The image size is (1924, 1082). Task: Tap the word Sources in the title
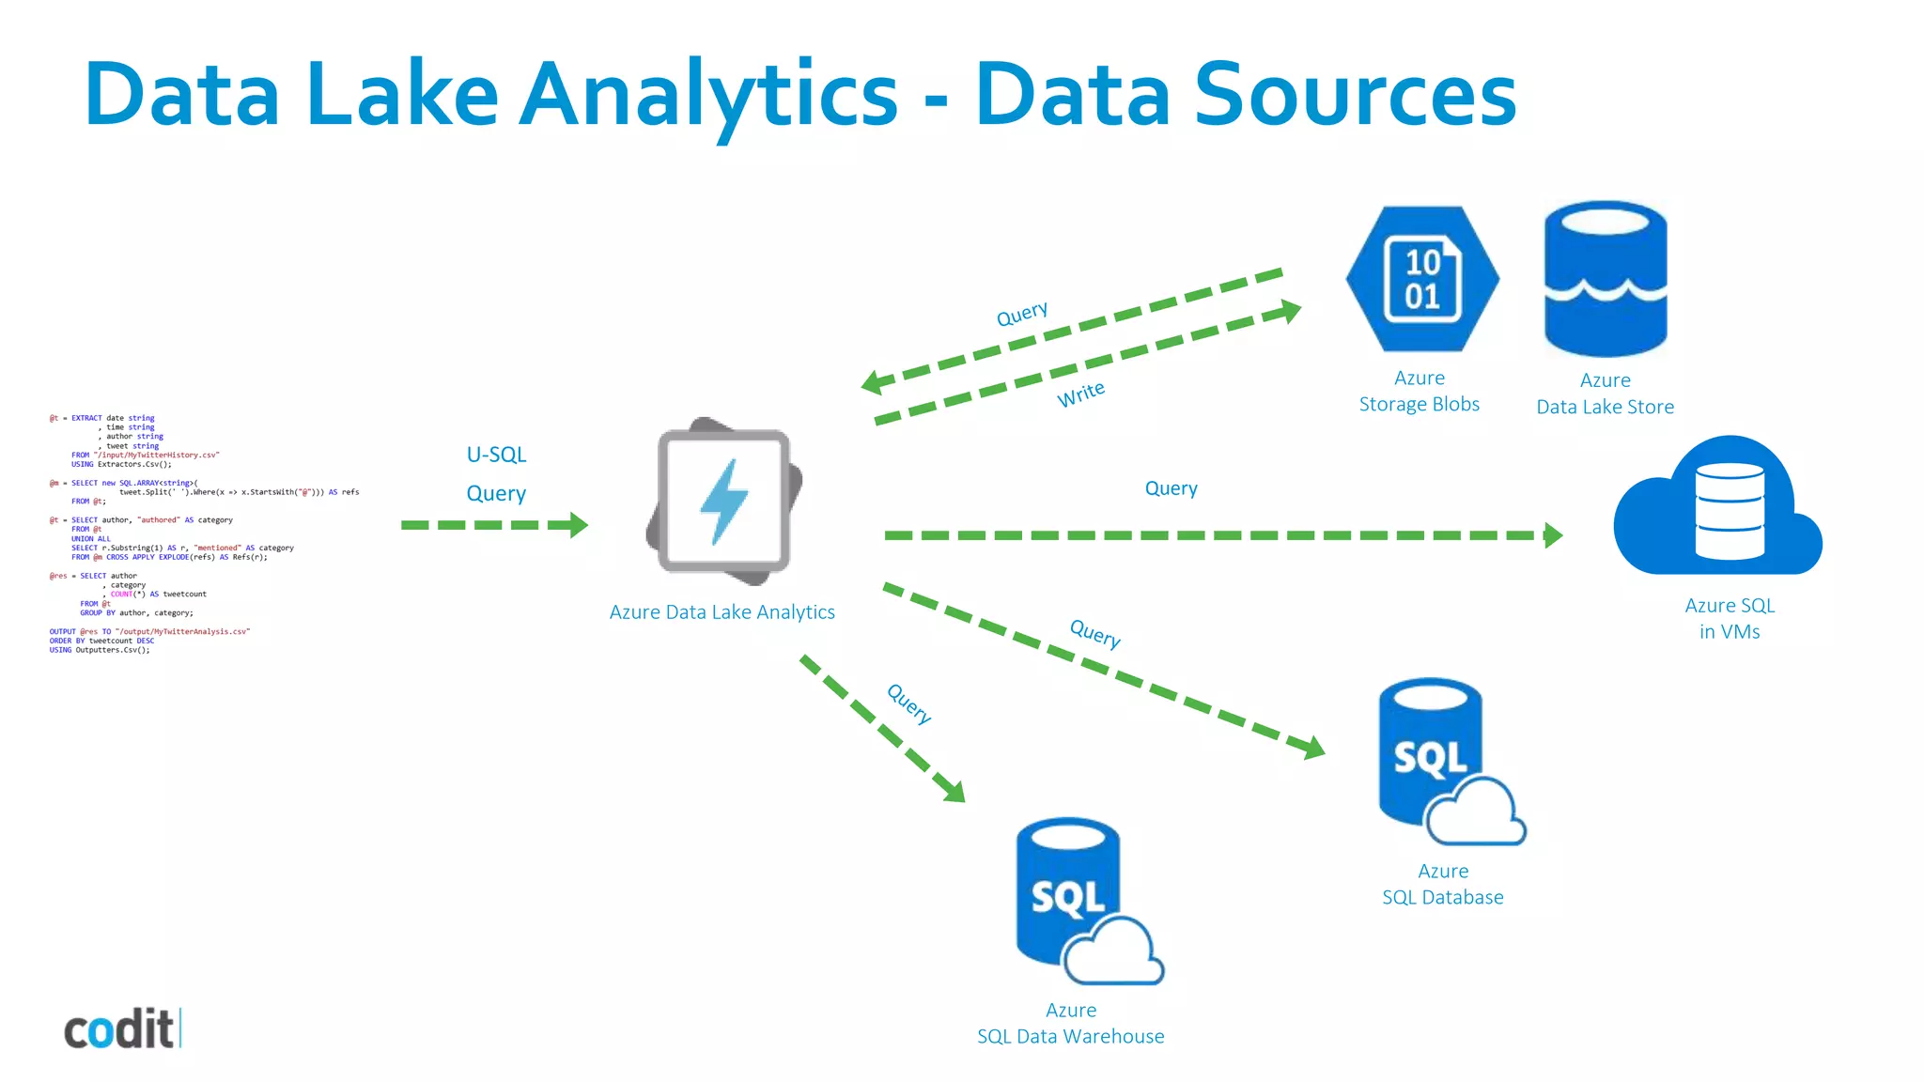[1355, 96]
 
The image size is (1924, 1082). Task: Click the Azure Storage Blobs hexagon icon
[1421, 279]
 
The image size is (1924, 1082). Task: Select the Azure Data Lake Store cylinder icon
[1605, 279]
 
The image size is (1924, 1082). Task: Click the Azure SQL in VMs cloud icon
[1717, 508]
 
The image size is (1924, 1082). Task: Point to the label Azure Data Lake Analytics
[721, 612]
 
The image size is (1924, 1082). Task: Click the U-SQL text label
[496, 455]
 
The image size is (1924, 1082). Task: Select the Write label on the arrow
[1080, 394]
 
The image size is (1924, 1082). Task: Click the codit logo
[121, 1029]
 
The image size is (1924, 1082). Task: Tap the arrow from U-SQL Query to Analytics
[494, 525]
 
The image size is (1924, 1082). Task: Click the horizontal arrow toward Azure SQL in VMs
[1221, 535]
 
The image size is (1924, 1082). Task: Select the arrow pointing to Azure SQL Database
[1104, 670]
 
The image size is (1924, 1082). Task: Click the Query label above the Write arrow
[1021, 314]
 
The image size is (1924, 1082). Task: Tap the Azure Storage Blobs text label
[1419, 392]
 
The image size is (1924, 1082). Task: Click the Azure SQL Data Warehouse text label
[1070, 1024]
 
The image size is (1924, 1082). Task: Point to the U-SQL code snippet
[202, 533]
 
